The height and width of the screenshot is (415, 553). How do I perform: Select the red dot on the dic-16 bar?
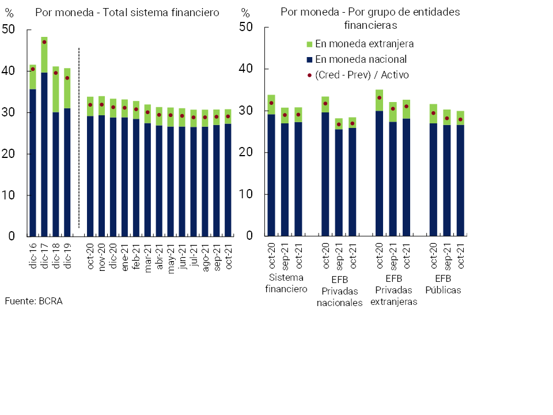pos(33,69)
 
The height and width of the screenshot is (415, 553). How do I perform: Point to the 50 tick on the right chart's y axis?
pos(246,27)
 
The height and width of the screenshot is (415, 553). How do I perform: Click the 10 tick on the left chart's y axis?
pos(10,195)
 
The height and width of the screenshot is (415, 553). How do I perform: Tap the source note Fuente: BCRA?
pos(33,301)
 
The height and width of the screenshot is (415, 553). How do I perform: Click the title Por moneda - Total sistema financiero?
pos(127,13)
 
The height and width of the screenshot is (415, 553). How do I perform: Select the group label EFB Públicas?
pos(443,284)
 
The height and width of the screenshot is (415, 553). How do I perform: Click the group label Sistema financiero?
pos(286,283)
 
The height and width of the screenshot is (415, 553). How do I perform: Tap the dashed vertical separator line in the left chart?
pos(78,138)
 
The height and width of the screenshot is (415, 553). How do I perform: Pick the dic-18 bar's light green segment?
pos(56,89)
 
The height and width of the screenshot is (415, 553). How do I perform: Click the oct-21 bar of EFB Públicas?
pos(460,179)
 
